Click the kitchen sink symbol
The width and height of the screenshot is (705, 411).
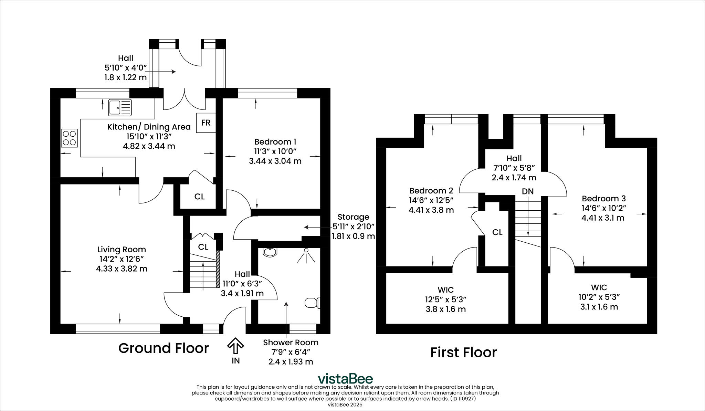coord(120,107)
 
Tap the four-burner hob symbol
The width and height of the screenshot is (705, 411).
coord(70,138)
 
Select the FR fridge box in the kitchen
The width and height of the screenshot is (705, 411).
coord(206,123)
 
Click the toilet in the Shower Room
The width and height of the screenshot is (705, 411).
coord(312,303)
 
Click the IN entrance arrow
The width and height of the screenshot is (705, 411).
coord(236,346)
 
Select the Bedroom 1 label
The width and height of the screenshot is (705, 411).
coord(275,141)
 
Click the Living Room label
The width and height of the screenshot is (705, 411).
coord(121,249)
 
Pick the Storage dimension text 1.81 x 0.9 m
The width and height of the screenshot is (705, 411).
coord(353,236)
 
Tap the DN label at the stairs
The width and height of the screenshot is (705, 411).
coord(527,191)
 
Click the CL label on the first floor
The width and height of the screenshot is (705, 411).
coord(497,232)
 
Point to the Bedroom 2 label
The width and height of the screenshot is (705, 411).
coord(431,190)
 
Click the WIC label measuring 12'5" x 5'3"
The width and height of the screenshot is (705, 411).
coord(445,289)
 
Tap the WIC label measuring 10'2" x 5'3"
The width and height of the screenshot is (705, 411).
coord(599,287)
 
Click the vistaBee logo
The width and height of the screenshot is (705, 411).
coord(345,379)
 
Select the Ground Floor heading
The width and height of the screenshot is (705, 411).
coord(164,348)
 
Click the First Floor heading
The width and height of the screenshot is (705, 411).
coord(463,352)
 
